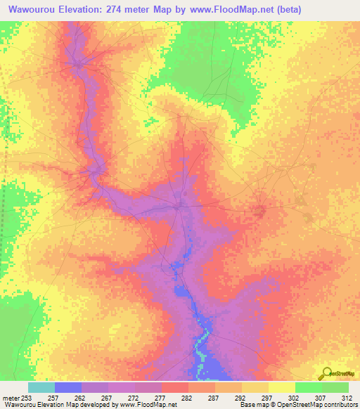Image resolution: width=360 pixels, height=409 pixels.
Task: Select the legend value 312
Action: pyautogui.click(x=347, y=398)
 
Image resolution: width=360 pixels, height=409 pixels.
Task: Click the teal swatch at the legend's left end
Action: pyautogui.click(x=41, y=387)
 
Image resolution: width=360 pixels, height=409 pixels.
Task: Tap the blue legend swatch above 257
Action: pyautogui.click(x=68, y=387)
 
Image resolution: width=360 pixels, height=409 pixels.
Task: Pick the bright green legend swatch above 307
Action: pyautogui.click(x=309, y=387)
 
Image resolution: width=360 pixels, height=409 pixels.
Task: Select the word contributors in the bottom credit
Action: pyautogui.click(x=340, y=405)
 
